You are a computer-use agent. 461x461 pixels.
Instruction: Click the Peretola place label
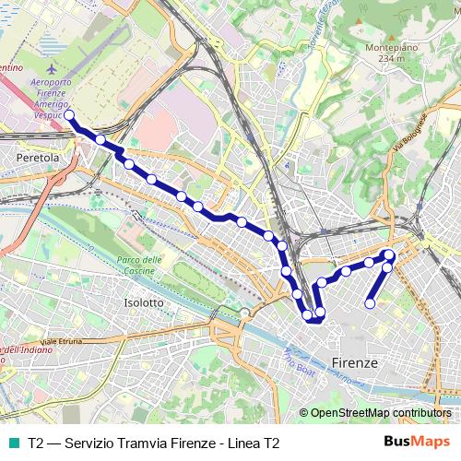pos(38,159)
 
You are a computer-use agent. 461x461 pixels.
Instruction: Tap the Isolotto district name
pos(143,302)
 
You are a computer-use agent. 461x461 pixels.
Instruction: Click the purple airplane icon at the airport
pos(50,69)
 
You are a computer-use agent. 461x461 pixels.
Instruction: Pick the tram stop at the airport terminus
pos(69,116)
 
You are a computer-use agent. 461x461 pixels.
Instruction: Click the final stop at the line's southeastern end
pos(370,303)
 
